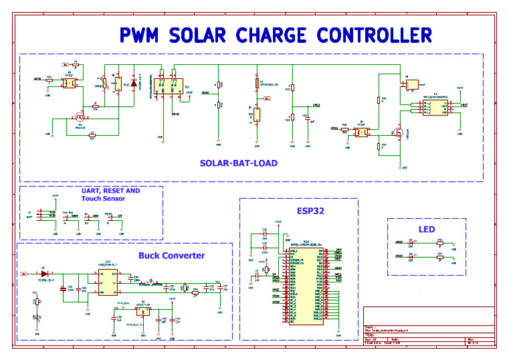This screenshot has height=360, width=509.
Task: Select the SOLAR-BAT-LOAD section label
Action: [239, 162]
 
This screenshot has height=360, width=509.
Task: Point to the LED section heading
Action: [426, 229]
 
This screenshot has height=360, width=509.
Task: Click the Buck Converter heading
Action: [172, 255]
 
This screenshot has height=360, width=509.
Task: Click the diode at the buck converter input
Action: [44, 272]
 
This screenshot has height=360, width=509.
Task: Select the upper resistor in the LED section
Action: [439, 243]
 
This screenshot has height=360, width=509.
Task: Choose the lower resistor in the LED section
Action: [439, 256]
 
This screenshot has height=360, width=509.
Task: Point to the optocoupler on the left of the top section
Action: [68, 84]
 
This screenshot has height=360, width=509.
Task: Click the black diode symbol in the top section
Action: [134, 84]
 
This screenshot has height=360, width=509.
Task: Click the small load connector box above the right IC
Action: [413, 84]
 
